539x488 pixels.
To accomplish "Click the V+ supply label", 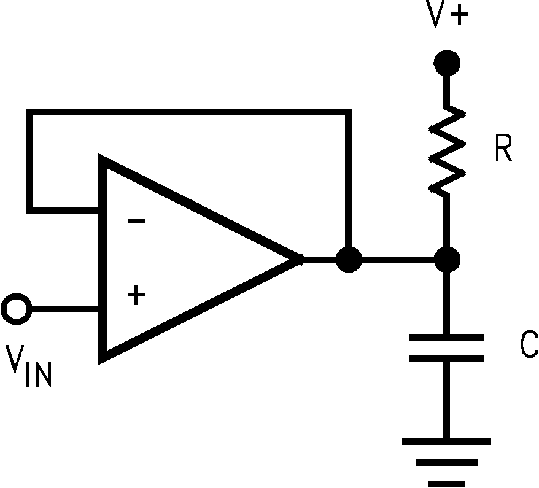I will [448, 17].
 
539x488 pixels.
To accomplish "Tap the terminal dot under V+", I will [446, 62].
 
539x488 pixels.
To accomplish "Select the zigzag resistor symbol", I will [446, 150].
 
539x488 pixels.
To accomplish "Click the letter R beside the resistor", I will [503, 150].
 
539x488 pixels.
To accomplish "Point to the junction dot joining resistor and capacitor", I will [446, 260].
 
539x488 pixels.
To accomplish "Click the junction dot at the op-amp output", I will [349, 260].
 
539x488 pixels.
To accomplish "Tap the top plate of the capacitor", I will [446, 337].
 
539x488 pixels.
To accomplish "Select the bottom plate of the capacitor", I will [446, 358].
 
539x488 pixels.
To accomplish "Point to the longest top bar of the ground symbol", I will [446, 441].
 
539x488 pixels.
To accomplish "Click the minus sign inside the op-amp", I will [136, 221].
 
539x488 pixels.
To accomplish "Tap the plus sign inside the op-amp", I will [136, 296].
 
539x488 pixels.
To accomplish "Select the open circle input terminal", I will [15, 308].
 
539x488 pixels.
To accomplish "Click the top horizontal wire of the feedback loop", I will [184, 112].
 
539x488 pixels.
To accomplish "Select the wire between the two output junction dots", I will [398, 260].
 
